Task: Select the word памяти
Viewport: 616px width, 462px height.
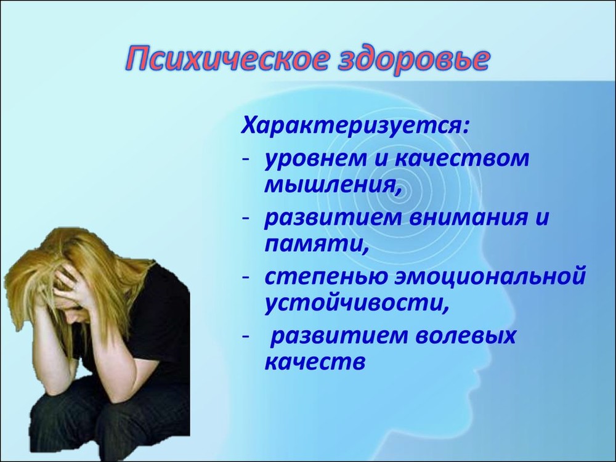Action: [315, 245]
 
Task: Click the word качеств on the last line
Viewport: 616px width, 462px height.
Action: [315, 362]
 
